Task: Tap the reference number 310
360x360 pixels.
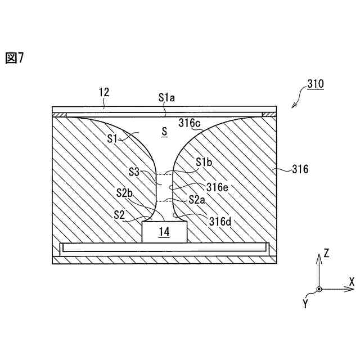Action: coord(315,84)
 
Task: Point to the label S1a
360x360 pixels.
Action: coord(166,97)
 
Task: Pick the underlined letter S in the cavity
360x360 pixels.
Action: coord(164,132)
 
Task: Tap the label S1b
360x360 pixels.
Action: coord(205,162)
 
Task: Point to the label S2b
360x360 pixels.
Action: coord(124,193)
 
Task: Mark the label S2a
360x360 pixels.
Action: coord(197,199)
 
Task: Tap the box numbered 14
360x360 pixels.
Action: coord(164,231)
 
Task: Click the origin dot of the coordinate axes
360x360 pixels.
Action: coord(319,289)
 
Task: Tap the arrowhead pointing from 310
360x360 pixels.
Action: coord(292,107)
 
